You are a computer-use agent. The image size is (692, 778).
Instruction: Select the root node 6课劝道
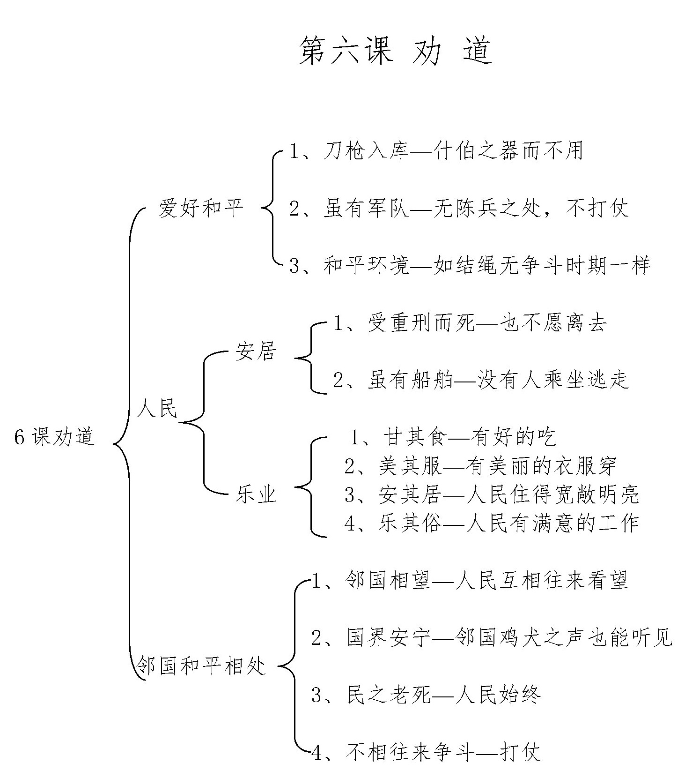[x=54, y=437]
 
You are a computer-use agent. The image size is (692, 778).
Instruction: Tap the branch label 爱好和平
[x=201, y=208]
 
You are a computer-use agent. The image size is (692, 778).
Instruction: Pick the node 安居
[x=256, y=352]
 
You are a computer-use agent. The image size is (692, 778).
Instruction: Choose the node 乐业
[x=256, y=494]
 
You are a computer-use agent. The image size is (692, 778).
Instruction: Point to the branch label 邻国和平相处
[x=201, y=666]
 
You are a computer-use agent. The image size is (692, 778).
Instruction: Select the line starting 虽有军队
[x=459, y=208]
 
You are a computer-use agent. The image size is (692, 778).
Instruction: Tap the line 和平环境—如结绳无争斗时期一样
[x=470, y=266]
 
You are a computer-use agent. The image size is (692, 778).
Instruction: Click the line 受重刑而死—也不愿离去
[x=470, y=323]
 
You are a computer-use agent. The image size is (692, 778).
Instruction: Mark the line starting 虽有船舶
[x=481, y=380]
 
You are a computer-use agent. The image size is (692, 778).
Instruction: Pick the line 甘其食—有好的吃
[x=453, y=437]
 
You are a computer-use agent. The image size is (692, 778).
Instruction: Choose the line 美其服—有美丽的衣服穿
[x=481, y=466]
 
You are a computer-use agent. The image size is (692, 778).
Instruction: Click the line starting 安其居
[x=492, y=494]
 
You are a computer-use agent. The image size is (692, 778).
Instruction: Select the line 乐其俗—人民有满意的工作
[x=492, y=523]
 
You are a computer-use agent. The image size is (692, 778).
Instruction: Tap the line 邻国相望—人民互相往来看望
[x=470, y=580]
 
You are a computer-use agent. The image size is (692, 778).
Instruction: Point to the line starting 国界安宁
[x=492, y=637]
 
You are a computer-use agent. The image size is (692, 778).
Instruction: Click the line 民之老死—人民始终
[x=426, y=695]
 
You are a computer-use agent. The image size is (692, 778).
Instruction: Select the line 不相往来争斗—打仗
[x=426, y=752]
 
